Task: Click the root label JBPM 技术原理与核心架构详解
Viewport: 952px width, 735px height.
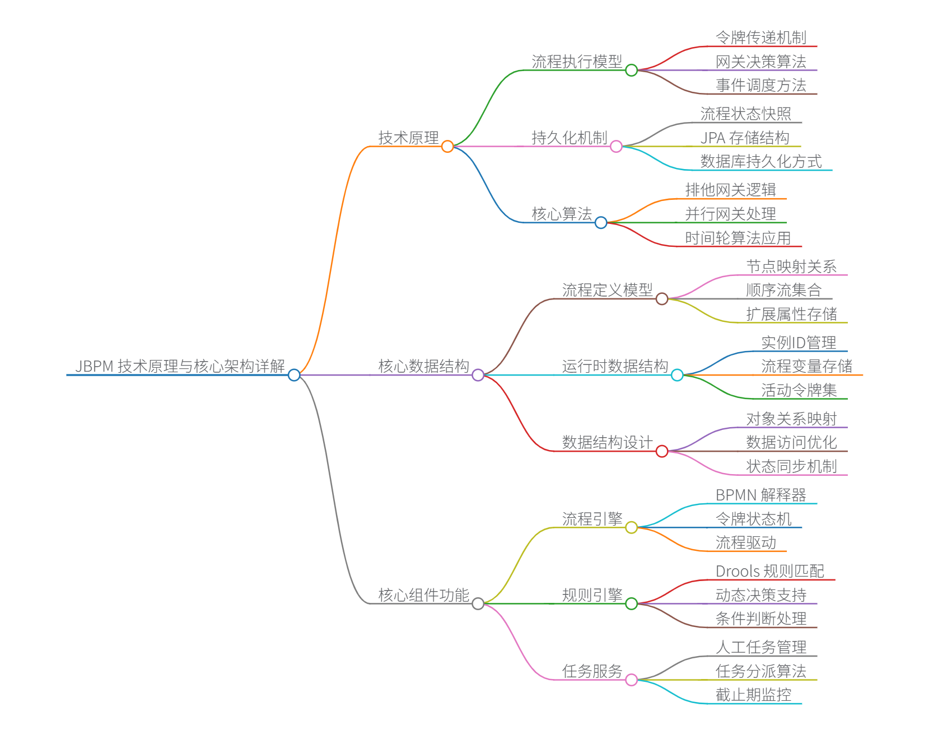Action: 180,366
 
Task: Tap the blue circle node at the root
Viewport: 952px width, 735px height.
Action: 294,375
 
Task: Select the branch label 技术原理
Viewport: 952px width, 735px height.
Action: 408,138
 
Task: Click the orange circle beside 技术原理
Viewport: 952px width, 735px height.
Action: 447,147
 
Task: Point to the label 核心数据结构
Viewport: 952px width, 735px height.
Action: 423,366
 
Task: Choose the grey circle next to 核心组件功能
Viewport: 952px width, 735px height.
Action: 478,603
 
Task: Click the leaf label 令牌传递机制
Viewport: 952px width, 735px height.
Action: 760,38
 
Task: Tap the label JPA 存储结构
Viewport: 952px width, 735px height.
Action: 745,138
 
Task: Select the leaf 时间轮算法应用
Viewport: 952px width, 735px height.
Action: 738,238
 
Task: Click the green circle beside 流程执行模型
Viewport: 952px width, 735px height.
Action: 631,71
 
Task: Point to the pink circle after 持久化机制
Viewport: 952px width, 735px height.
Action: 616,147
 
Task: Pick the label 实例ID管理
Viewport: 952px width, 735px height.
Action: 799,343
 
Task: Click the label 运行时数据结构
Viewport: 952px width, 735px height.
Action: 615,366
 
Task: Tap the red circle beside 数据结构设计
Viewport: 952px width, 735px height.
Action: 662,451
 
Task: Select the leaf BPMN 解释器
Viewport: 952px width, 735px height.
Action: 760,495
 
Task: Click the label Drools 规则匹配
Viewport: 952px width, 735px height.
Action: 769,571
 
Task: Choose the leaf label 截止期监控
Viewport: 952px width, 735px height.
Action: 753,695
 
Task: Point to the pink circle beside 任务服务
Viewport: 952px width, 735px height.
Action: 631,680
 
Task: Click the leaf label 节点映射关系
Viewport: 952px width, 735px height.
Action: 791,266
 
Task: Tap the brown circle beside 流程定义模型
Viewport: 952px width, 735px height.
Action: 662,299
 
